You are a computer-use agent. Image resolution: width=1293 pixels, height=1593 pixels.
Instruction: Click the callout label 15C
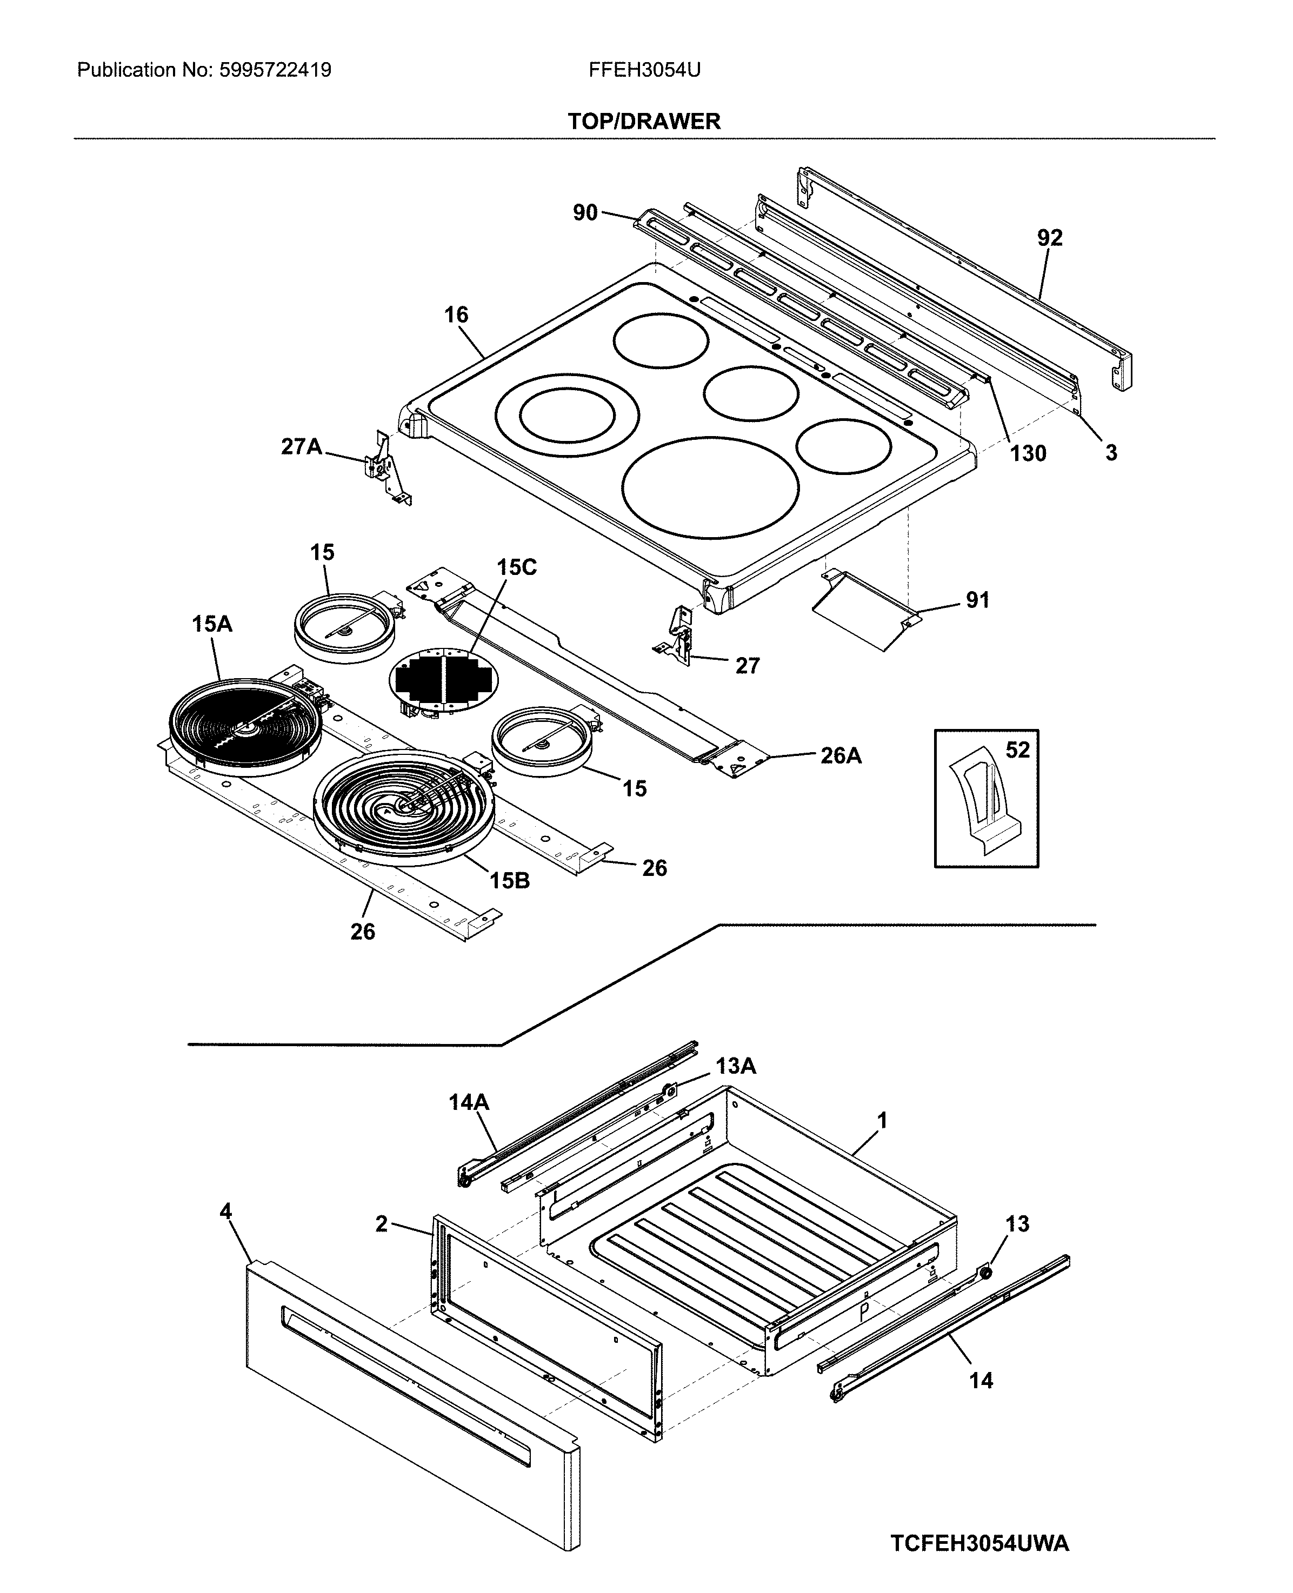coord(516,567)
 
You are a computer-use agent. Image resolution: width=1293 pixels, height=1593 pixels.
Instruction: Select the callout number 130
coord(1028,453)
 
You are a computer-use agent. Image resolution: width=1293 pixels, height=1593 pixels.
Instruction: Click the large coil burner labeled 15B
coord(403,808)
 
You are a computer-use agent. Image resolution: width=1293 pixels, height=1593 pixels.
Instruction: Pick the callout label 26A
coord(841,757)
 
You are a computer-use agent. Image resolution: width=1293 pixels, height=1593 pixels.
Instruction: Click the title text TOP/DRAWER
coord(644,122)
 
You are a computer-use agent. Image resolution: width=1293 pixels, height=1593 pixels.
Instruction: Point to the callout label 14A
coord(469,1102)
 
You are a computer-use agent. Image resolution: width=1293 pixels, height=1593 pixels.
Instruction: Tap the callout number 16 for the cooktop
coord(457,315)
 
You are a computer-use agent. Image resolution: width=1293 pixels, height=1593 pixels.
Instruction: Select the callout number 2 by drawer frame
coord(381,1224)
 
